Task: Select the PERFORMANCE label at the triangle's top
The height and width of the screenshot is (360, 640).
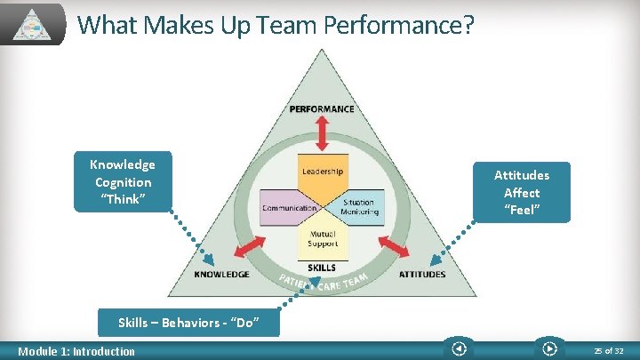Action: [322, 109]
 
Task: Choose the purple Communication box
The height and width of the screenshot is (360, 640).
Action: [288, 207]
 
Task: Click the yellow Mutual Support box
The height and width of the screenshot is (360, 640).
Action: [322, 239]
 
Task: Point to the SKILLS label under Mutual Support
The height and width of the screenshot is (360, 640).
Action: [322, 267]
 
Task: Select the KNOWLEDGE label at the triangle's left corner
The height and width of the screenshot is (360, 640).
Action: [221, 275]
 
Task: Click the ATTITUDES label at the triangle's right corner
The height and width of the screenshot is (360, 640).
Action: [422, 275]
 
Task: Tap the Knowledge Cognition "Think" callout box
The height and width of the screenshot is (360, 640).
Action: [122, 182]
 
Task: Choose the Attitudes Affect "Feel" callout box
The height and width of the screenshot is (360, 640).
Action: [522, 192]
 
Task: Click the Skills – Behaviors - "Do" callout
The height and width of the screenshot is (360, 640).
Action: [188, 323]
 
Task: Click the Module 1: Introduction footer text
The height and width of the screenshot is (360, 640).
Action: [76, 351]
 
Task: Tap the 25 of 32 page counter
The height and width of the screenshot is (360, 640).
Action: [611, 350]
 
